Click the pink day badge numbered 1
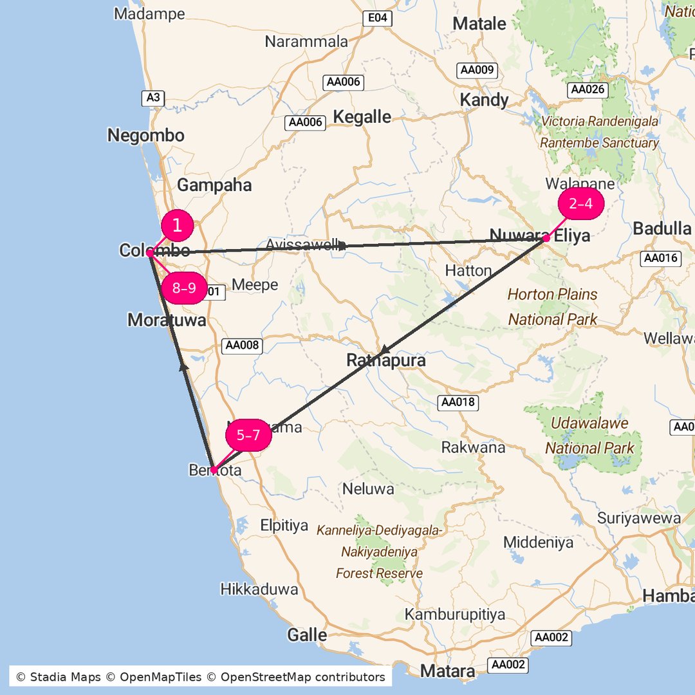click(x=177, y=226)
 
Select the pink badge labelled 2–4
click(x=580, y=204)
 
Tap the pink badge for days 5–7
click(x=248, y=436)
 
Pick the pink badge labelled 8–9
click(x=183, y=288)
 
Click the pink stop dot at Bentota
click(x=214, y=470)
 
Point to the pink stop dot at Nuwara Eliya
click(x=546, y=238)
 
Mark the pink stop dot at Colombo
click(x=149, y=254)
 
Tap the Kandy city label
click(x=484, y=100)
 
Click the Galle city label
click(x=307, y=635)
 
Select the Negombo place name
click(x=145, y=136)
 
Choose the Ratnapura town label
click(x=386, y=360)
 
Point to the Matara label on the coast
click(x=448, y=671)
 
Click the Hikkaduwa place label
click(x=259, y=589)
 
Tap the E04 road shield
click(x=377, y=18)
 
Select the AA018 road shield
click(x=458, y=403)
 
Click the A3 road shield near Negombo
click(x=153, y=98)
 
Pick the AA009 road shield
click(x=477, y=70)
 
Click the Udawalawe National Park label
click(x=589, y=436)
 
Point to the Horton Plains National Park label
click(x=553, y=306)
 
